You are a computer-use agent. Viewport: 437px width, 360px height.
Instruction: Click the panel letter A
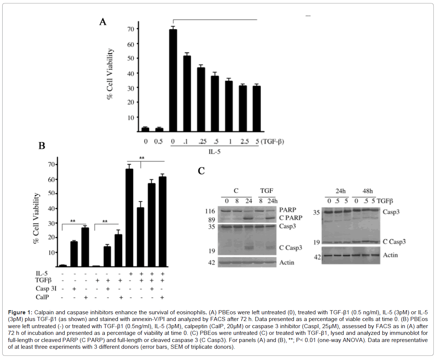tap(103, 22)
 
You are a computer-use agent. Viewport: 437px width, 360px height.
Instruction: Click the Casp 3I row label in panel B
tap(44, 289)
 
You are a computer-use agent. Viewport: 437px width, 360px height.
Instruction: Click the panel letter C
tap(201, 171)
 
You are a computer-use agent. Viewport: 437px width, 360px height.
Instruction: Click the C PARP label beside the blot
tap(290, 218)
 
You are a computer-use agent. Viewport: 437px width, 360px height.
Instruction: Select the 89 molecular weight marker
tap(212, 219)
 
